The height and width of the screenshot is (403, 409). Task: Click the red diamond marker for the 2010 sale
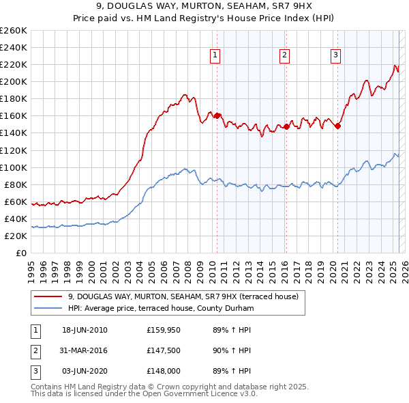(217, 115)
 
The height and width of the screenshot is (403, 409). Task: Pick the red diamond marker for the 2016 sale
(287, 126)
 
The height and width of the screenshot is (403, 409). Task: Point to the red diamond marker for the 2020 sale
(337, 126)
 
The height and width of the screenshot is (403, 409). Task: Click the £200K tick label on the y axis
(14, 81)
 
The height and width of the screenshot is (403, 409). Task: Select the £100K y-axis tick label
(14, 167)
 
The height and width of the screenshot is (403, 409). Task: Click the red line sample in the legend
(48, 297)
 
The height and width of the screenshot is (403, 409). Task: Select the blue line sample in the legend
(48, 309)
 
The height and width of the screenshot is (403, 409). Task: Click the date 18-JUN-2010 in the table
(85, 330)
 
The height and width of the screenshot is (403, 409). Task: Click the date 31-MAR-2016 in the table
(85, 350)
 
